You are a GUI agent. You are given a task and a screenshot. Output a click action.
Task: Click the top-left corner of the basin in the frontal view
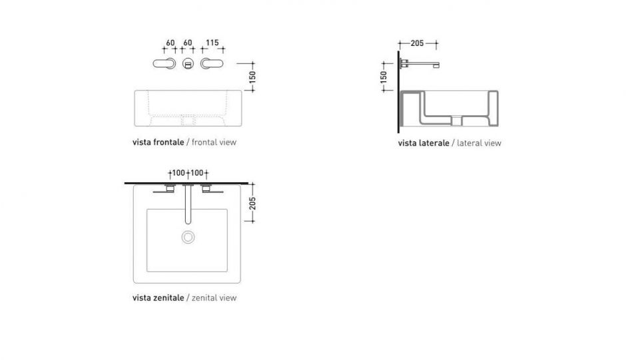point(135,90)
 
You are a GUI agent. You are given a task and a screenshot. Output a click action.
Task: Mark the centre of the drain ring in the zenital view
point(188,237)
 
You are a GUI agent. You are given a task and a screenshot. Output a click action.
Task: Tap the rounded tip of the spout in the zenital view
point(188,222)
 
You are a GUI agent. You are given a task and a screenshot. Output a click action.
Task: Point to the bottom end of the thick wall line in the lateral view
point(398,132)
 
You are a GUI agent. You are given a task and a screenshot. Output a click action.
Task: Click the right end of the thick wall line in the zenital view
point(248,183)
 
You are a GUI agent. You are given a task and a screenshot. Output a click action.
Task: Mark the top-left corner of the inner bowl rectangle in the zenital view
point(147,209)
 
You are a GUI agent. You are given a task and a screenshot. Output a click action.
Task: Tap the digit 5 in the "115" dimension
point(216,43)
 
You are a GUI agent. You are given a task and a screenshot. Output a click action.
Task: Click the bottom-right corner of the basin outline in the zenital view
point(240,283)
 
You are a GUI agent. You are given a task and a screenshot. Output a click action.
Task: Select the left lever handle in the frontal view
point(164,63)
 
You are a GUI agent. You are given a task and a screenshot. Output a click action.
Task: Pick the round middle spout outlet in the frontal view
point(188,63)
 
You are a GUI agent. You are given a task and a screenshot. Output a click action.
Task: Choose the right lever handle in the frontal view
point(212,63)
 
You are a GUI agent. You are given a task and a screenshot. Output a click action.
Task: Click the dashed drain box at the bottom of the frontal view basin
point(188,120)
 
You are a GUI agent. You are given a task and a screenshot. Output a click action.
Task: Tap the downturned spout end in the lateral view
point(436,65)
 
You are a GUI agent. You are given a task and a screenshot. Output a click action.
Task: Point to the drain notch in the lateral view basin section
point(457,120)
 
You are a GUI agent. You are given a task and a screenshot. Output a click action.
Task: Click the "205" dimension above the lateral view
point(417,43)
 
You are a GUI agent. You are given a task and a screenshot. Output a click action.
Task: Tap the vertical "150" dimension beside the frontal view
point(252,77)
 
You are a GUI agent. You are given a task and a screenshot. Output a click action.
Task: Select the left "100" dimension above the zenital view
point(178,173)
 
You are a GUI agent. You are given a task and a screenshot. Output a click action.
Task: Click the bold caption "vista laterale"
point(424,143)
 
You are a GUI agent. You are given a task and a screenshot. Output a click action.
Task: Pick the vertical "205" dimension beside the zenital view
point(252,203)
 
